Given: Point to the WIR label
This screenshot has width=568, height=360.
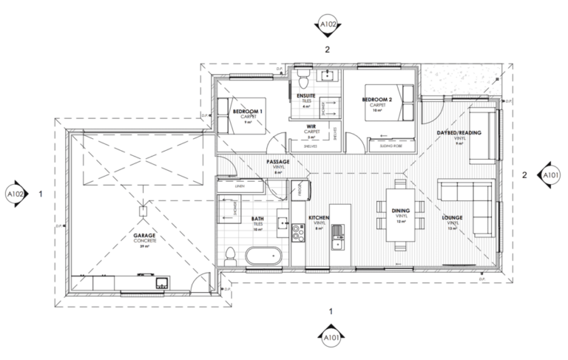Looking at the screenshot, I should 311,126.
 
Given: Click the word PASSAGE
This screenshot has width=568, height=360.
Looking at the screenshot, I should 278,161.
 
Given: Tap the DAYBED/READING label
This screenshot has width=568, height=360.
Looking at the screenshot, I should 459,132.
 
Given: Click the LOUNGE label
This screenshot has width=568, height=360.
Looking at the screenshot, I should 453,219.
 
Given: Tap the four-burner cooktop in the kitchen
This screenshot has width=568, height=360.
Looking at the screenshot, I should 299,233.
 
